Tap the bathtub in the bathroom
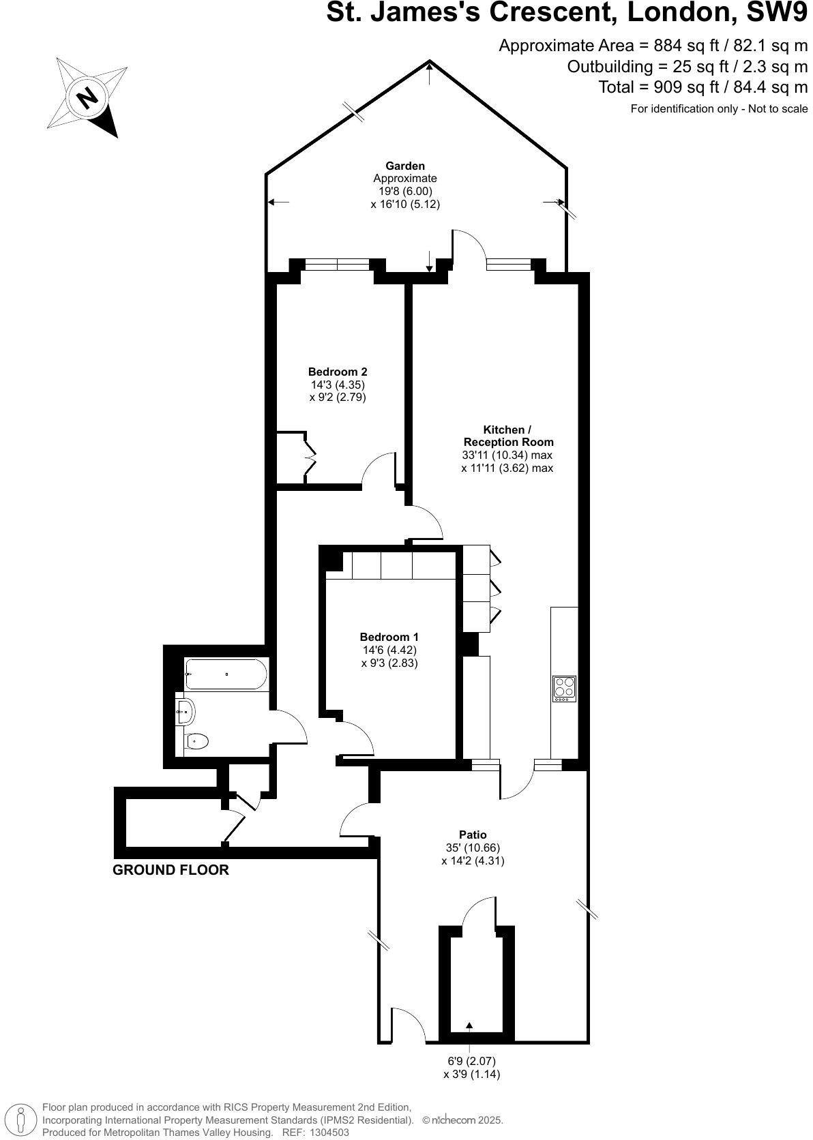226,674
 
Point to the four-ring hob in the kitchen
564,689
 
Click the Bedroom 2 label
338,372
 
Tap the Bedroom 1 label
389,637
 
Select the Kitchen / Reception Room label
507,436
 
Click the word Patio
473,835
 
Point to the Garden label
405,166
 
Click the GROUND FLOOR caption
171,870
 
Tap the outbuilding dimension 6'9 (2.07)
471,1062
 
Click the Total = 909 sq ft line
703,87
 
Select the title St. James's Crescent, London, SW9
566,14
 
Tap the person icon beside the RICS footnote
22,1119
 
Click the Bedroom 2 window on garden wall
337,265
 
